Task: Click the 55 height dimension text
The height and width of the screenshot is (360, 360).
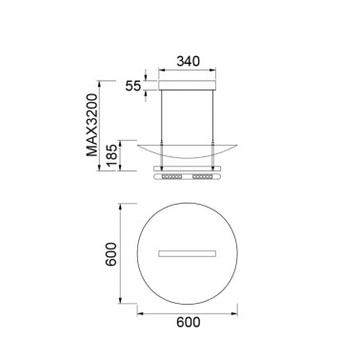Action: tap(133, 85)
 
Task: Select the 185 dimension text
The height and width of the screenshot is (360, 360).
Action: tap(112, 155)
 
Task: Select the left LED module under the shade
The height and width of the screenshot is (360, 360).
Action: tap(173, 178)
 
